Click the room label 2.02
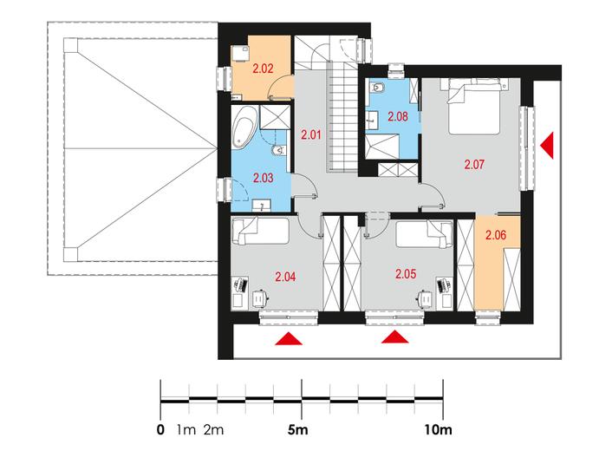point(264,69)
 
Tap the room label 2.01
point(311,134)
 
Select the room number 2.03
point(264,178)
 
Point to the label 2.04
point(285,277)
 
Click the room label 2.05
point(406,274)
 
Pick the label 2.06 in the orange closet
point(496,235)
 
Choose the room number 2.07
point(474,164)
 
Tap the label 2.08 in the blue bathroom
point(398,116)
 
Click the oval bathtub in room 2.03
point(242,127)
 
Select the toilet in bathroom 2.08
point(378,88)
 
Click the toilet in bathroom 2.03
point(278,151)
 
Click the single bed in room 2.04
point(261,231)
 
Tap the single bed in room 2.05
point(425,233)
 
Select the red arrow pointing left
point(547,145)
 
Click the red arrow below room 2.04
point(289,338)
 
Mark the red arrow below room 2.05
point(395,337)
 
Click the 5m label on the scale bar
point(297,430)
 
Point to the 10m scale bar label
point(438,430)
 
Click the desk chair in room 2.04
point(261,297)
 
